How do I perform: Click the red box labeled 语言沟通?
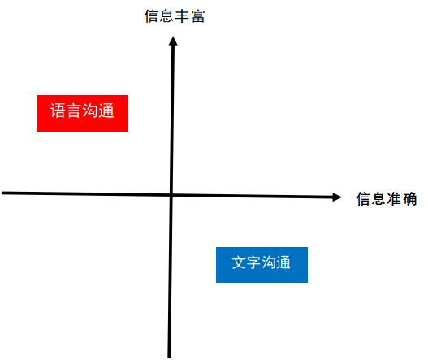pyautogui.click(x=82, y=113)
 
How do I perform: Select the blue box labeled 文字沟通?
pyautogui.click(x=262, y=265)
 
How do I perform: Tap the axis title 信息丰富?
pyautogui.click(x=175, y=16)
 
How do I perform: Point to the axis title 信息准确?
pyautogui.click(x=387, y=198)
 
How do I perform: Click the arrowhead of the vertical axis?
pyautogui.click(x=173, y=41)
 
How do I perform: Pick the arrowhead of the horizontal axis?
pyautogui.click(x=337, y=197)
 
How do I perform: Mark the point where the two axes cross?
pyautogui.click(x=171, y=195)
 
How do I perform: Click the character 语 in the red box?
pyautogui.click(x=58, y=111)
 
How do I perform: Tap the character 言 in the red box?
pyautogui.click(x=73, y=111)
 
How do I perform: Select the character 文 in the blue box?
pyautogui.click(x=239, y=262)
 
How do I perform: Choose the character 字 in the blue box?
pyautogui.click(x=254, y=262)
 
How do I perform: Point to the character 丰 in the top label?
pyautogui.click(x=182, y=16)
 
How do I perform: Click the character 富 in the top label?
pyautogui.click(x=198, y=16)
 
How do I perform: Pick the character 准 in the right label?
pyautogui.click(x=394, y=198)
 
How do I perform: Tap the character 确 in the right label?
pyautogui.click(x=409, y=198)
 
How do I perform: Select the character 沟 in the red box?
pyautogui.click(x=89, y=111)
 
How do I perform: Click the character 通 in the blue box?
pyautogui.click(x=283, y=262)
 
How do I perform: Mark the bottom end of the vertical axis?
pyautogui.click(x=169, y=358)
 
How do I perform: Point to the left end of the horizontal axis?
pyautogui.click(x=2, y=193)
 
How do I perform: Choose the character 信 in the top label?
pyautogui.click(x=152, y=16)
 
